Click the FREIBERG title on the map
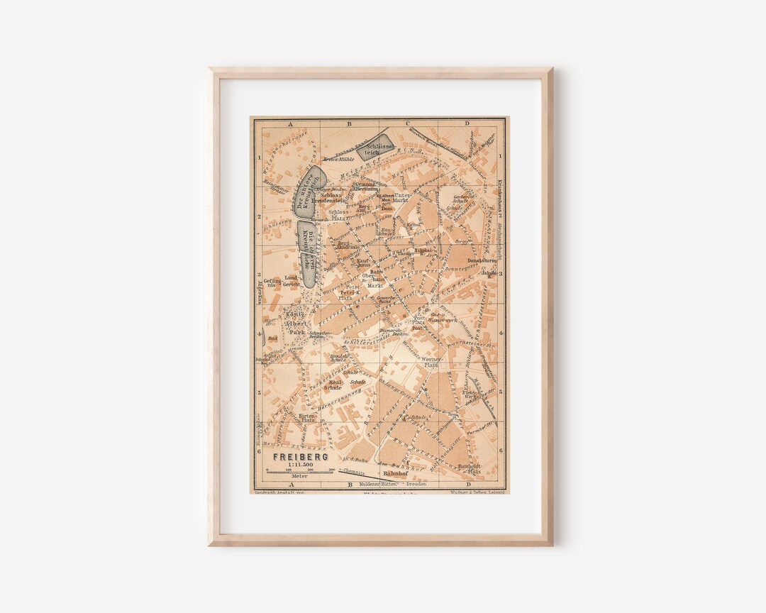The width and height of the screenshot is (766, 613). pyautogui.click(x=301, y=456)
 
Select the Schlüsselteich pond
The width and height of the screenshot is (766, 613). pyautogui.click(x=374, y=147)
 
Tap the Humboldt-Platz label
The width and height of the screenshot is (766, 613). pyautogui.click(x=469, y=468)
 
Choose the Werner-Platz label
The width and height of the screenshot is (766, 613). pyautogui.click(x=432, y=363)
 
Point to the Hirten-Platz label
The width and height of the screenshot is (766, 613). pyautogui.click(x=306, y=417)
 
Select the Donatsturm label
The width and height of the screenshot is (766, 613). pyautogui.click(x=465, y=260)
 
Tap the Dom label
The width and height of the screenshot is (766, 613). pyautogui.click(x=387, y=209)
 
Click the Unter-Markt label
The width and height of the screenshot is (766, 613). pyautogui.click(x=401, y=197)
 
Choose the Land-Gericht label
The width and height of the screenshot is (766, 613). pyautogui.click(x=292, y=281)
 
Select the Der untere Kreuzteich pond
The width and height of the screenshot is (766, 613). pyautogui.click(x=309, y=190)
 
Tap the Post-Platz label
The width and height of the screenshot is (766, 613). pyautogui.click(x=419, y=320)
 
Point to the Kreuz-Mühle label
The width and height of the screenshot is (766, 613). pyautogui.click(x=338, y=160)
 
